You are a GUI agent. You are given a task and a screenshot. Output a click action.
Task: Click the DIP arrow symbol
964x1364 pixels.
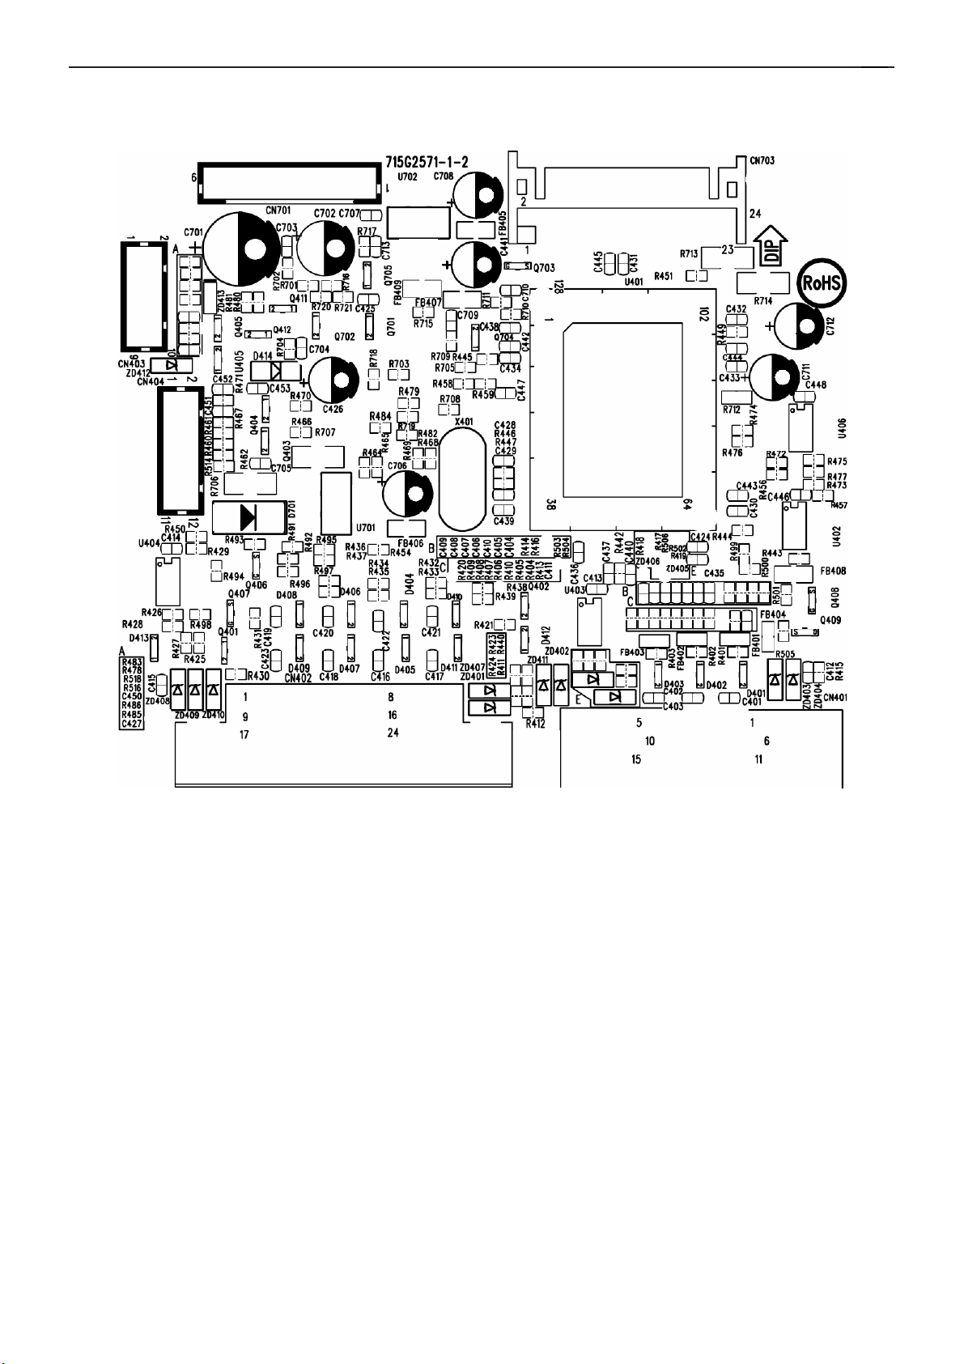click(771, 245)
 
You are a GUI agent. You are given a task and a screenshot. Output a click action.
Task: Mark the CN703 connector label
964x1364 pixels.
click(762, 161)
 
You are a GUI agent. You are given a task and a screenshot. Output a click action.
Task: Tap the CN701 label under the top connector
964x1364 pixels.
click(278, 210)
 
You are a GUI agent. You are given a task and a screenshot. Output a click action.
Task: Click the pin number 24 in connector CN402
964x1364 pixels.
click(393, 733)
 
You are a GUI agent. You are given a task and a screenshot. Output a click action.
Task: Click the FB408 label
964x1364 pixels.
click(833, 571)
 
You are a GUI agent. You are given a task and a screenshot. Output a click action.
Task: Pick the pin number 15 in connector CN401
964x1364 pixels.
click(636, 759)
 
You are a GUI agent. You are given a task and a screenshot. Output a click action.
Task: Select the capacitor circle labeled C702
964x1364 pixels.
click(323, 248)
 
